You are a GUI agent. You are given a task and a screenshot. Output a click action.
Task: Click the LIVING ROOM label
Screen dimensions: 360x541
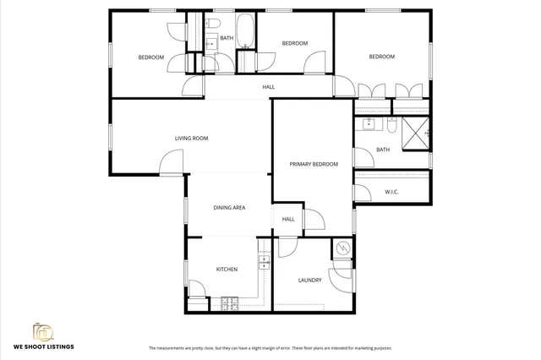coord(191,138)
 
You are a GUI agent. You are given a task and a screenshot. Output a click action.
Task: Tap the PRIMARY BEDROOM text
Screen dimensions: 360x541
coord(314,164)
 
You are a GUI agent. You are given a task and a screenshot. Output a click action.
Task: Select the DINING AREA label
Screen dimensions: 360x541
coord(229,206)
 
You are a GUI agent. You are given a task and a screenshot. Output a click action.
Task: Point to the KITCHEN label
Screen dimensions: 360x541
coord(227,269)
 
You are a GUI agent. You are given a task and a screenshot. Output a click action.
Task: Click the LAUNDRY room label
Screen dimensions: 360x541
coord(309,280)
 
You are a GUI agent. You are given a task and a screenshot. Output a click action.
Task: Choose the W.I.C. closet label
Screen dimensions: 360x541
coord(391,191)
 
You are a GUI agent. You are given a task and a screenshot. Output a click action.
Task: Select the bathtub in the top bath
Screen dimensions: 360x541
coord(245,31)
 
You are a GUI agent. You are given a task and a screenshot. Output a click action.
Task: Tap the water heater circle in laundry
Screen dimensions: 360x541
coord(342,248)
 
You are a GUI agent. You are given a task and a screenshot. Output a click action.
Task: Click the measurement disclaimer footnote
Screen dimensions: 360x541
coord(270,347)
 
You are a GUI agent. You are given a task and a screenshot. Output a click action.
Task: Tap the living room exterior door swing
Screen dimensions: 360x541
coord(172,162)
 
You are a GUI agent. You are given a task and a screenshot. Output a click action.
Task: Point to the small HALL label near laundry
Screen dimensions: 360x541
coord(288,219)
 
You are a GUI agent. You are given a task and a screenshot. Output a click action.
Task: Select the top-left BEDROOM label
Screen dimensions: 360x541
coord(150,57)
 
